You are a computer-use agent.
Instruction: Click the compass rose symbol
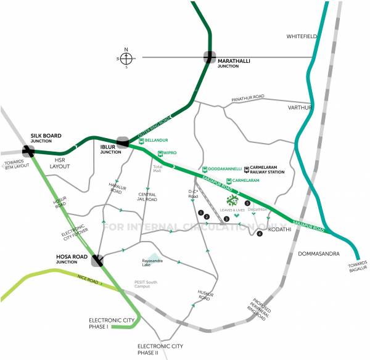click(x=126, y=58)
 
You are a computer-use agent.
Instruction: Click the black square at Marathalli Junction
click(x=210, y=56)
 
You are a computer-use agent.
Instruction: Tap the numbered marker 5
click(x=247, y=203)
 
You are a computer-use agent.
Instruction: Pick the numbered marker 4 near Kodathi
click(x=260, y=234)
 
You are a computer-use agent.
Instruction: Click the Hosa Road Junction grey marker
click(x=97, y=260)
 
